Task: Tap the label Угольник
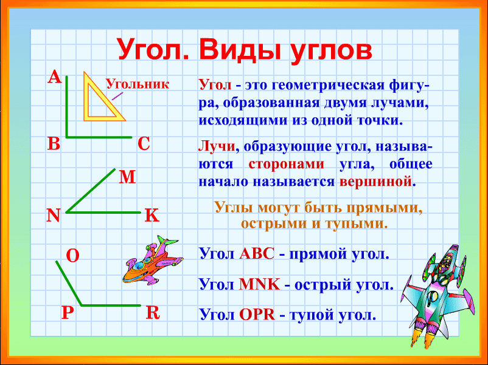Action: point(138,84)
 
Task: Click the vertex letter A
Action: point(55,77)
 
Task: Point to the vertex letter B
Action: point(54,143)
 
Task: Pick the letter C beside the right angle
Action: point(144,144)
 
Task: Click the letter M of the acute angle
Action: point(127,177)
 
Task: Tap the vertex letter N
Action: point(53,215)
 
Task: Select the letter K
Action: point(152,215)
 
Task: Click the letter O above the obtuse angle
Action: point(73,256)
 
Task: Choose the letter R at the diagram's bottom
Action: point(153,313)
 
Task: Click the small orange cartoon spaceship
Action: point(153,261)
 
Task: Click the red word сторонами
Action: point(287,164)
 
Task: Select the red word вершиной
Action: point(375,181)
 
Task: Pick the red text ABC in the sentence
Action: point(257,254)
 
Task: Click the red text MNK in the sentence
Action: point(260,284)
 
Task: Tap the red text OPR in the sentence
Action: point(257,315)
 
